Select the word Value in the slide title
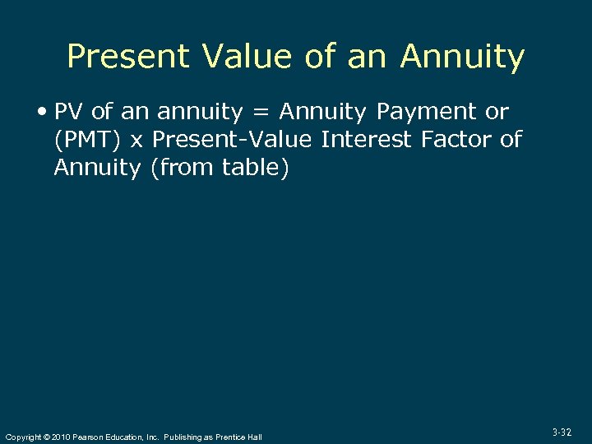click(238, 57)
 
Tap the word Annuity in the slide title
click(462, 57)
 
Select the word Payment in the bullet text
click(426, 112)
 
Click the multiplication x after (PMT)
click(136, 140)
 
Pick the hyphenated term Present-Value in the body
click(233, 140)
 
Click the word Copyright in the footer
click(23, 437)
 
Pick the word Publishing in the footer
click(185, 437)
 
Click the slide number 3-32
click(562, 432)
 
